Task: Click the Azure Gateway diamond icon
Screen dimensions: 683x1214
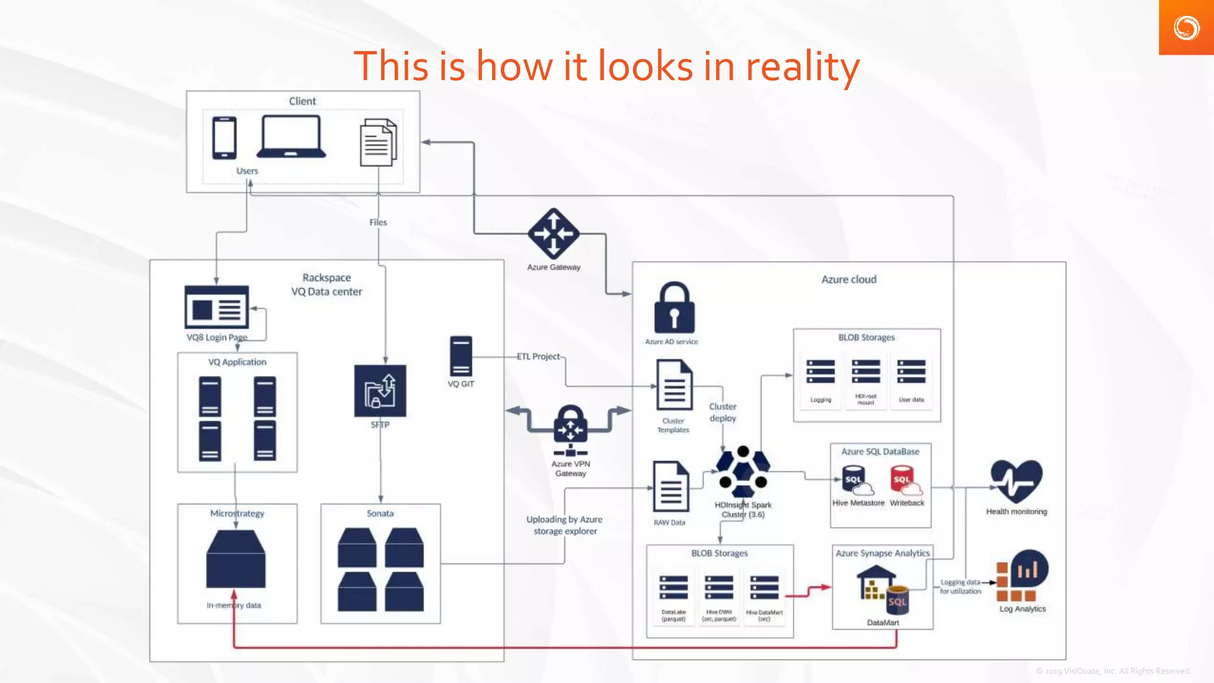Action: pyautogui.click(x=553, y=233)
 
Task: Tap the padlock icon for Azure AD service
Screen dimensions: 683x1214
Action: pyautogui.click(x=674, y=308)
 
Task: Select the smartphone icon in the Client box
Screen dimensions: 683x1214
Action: pyautogui.click(x=224, y=138)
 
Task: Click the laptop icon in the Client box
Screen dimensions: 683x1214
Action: pyautogui.click(x=291, y=136)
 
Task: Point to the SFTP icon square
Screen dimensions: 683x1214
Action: pyautogui.click(x=380, y=391)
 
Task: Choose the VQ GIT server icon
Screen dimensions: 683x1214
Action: pyautogui.click(x=461, y=356)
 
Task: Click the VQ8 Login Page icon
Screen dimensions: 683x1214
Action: pyautogui.click(x=216, y=307)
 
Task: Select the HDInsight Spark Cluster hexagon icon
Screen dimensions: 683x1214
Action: pyautogui.click(x=743, y=471)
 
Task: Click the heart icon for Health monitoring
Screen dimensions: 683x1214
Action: pyautogui.click(x=1016, y=480)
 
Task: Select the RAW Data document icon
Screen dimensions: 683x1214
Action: pyautogui.click(x=670, y=487)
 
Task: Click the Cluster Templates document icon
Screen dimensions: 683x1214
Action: pyautogui.click(x=674, y=385)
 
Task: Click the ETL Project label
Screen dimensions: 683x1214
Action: pyautogui.click(x=538, y=356)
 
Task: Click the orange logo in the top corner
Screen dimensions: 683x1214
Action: pyautogui.click(x=1186, y=28)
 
